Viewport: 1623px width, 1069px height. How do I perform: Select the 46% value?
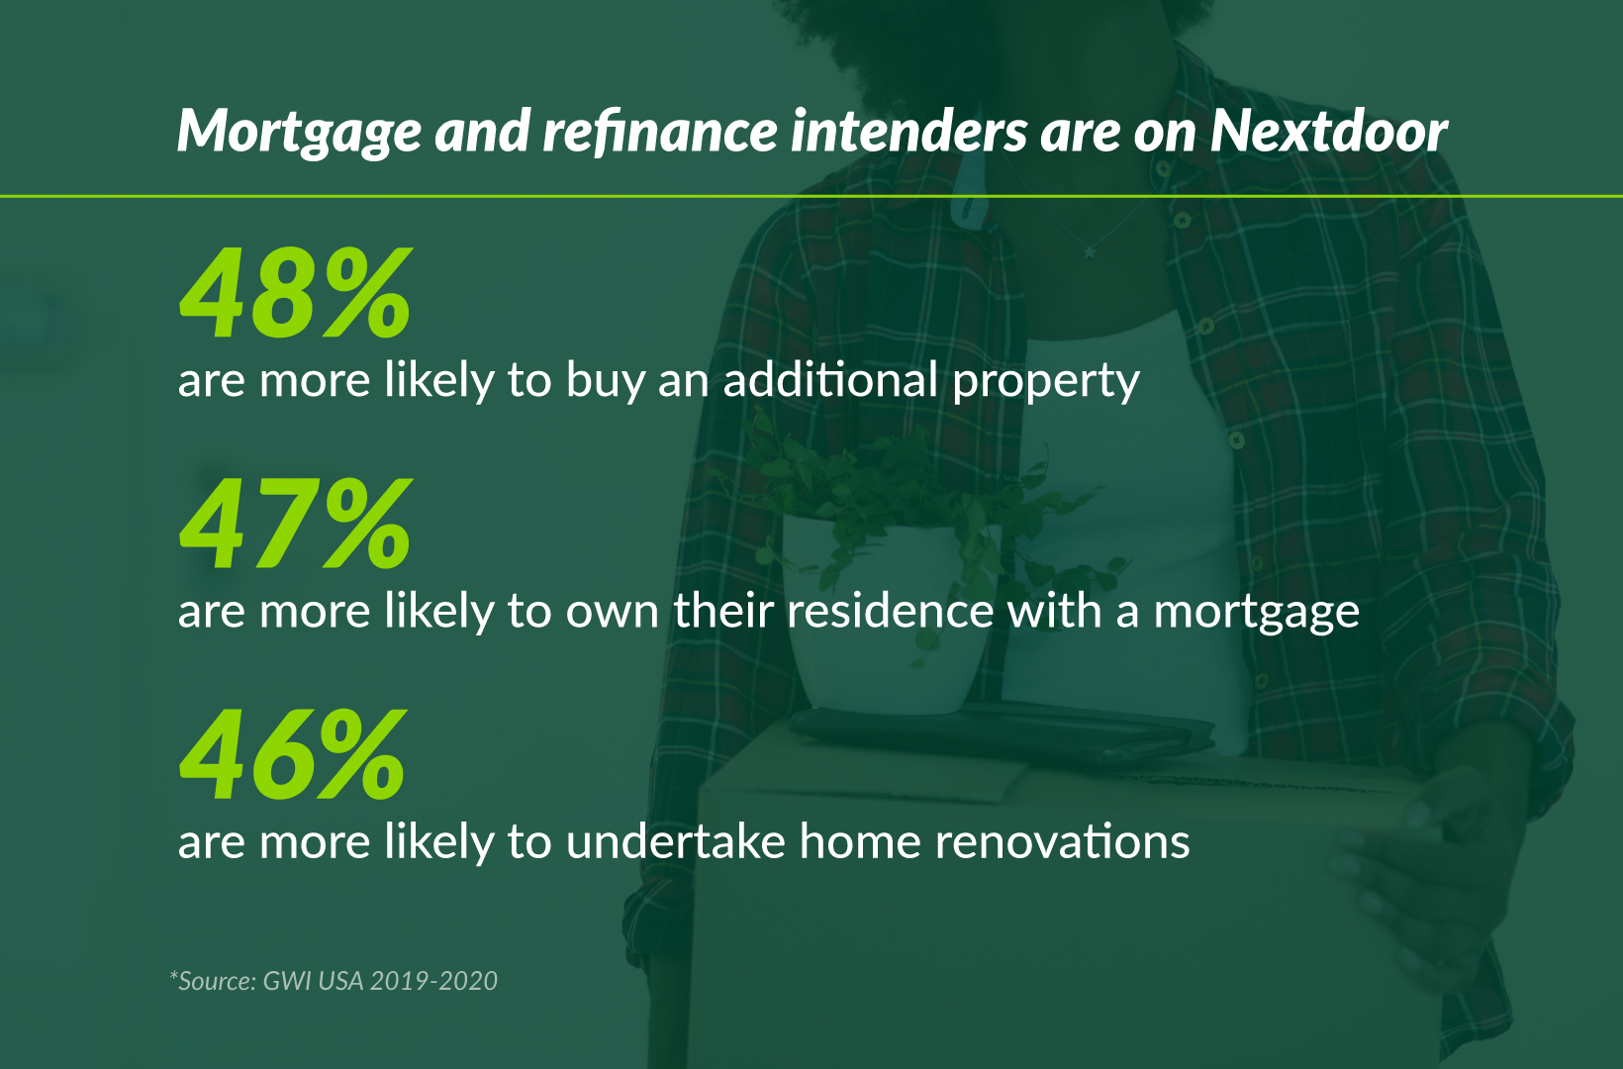(x=293, y=753)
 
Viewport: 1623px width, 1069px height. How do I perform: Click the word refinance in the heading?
(x=660, y=132)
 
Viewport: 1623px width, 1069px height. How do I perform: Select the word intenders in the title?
(x=908, y=132)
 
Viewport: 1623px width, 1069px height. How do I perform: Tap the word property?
(x=1045, y=381)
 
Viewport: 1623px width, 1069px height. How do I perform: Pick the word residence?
(x=891, y=610)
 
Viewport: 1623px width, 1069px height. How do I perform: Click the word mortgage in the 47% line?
(x=1257, y=613)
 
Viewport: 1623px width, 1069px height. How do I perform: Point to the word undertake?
(x=675, y=840)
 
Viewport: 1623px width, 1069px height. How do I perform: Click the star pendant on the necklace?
(x=1089, y=252)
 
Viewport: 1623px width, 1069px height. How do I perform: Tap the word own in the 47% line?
(x=613, y=613)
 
